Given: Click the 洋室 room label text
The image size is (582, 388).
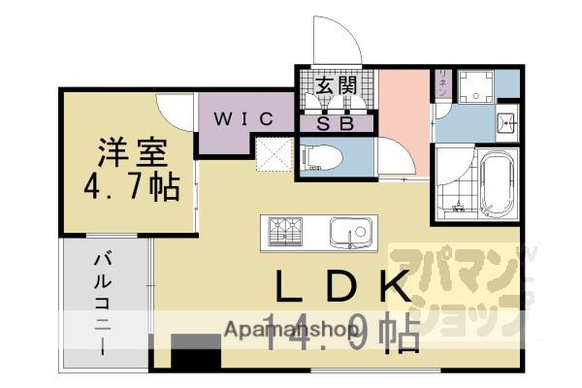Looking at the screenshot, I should (131, 152).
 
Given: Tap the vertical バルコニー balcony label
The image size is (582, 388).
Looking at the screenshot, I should (101, 301).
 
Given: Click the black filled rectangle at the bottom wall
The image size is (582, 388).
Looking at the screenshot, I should (196, 353).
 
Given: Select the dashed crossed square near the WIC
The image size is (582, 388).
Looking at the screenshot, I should (273, 154).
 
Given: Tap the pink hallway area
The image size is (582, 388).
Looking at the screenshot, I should (404, 107).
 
